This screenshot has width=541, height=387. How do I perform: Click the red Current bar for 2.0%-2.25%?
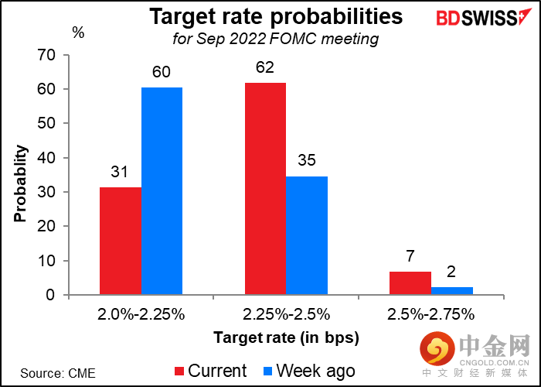point(120,241)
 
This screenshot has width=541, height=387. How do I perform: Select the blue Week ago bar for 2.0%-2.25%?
point(161,191)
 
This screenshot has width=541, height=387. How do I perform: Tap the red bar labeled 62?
point(264,188)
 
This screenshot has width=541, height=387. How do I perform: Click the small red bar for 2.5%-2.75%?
point(410,283)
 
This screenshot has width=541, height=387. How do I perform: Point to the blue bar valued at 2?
point(451,291)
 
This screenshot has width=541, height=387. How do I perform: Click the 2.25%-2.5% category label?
point(285,314)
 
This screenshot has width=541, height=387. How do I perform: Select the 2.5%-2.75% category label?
point(430,314)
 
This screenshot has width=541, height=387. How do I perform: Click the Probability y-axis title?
point(21,176)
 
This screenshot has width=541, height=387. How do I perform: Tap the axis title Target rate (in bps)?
point(286,337)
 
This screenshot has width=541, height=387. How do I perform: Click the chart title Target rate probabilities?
point(276,16)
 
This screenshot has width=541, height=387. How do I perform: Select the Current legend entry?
point(211,371)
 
